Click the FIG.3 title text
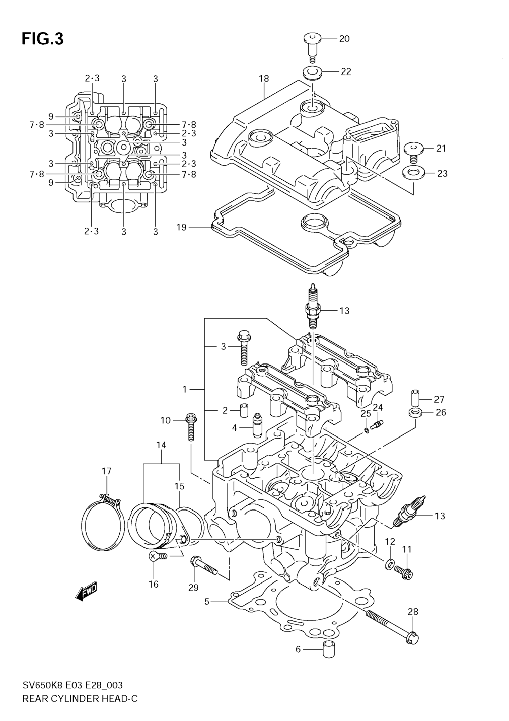pos(43,39)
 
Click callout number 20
pos(344,39)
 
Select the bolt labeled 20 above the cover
pos(311,49)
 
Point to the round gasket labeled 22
pos(312,73)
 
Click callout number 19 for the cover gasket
pos(182,227)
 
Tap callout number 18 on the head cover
pos(264,79)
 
